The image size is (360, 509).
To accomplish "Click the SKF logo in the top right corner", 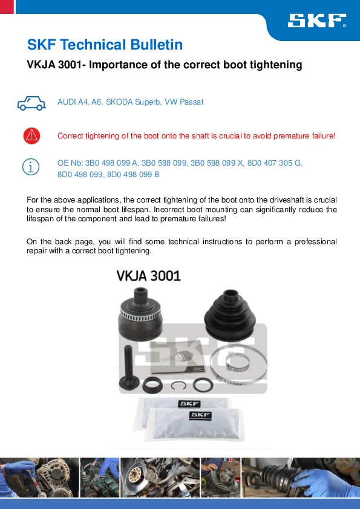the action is click(x=317, y=21).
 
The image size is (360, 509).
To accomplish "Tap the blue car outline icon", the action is click(x=31, y=103).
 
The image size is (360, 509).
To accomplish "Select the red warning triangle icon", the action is click(x=31, y=135).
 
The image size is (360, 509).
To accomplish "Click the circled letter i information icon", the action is click(x=31, y=167).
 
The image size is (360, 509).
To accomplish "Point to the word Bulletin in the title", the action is click(x=157, y=45).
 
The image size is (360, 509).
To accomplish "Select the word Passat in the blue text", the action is click(x=192, y=102).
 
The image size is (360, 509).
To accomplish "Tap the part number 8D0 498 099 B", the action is click(x=133, y=174).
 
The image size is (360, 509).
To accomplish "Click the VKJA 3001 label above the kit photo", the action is click(x=148, y=276).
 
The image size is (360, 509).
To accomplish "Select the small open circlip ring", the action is click(x=178, y=385).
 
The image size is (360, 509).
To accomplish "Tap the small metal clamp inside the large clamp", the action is click(x=237, y=362).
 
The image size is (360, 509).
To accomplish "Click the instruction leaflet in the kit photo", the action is click(x=178, y=357).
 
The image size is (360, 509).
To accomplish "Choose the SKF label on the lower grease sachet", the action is click(x=200, y=415).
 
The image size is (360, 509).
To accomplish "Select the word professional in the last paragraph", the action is click(x=315, y=242).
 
